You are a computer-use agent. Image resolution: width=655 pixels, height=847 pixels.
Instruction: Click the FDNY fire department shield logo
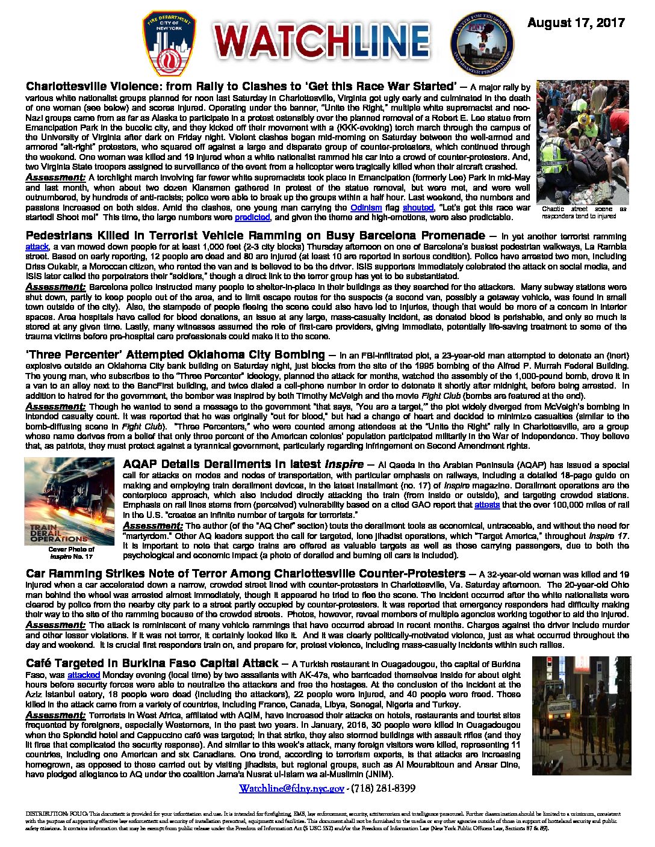(169, 43)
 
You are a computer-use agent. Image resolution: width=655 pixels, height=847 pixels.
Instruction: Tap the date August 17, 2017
(576, 23)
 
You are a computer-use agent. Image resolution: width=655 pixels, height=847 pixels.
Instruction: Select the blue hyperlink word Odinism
(366, 208)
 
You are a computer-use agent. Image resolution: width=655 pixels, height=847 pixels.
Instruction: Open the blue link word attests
(487, 505)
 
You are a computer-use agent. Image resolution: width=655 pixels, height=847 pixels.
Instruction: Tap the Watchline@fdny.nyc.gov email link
(291, 788)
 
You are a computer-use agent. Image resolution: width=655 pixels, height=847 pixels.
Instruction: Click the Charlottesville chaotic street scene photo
(582, 143)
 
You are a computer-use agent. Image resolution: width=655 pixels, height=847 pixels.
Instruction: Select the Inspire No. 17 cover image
(69, 501)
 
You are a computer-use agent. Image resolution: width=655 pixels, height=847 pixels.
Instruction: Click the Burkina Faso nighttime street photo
(582, 715)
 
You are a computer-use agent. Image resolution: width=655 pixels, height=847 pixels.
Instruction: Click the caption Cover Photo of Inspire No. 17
(71, 553)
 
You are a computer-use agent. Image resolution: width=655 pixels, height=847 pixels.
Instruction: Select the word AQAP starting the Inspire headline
(143, 464)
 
